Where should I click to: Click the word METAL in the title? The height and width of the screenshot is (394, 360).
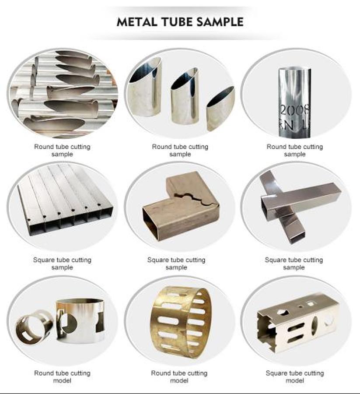(136, 22)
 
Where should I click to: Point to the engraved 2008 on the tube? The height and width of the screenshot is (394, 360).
(294, 110)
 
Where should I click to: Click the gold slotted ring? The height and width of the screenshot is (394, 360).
(181, 322)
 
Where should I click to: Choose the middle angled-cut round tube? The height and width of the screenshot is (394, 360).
(185, 97)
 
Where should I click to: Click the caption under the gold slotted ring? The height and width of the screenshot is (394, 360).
(179, 376)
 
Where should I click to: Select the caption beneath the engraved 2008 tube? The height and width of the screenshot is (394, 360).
(295, 150)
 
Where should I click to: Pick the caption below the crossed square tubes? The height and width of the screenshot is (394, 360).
(294, 264)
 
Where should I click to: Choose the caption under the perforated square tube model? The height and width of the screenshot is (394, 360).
(295, 376)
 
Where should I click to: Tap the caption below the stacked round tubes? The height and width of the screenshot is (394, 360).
(62, 150)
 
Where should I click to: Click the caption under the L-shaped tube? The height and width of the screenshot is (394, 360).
(176, 264)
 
